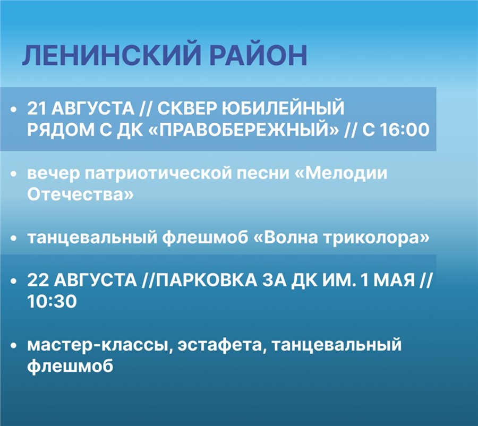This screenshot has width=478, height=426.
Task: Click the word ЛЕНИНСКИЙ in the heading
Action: tap(112, 55)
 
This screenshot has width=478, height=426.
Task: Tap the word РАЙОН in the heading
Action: tap(259, 55)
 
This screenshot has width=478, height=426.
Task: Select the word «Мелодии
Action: tap(341, 174)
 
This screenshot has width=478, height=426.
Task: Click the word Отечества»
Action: tap(81, 194)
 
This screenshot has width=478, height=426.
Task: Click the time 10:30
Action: tap(52, 302)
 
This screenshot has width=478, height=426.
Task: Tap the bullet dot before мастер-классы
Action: tap(13, 346)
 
